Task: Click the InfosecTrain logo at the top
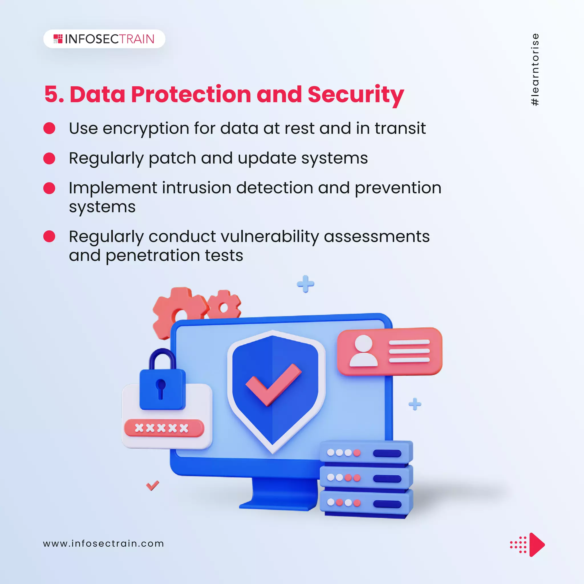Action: (x=104, y=39)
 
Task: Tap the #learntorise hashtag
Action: (x=535, y=70)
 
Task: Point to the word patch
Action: (x=172, y=158)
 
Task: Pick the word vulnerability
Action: (x=270, y=236)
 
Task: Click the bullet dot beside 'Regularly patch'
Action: (x=49, y=158)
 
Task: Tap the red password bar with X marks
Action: (x=164, y=428)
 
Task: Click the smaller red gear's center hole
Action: (x=224, y=308)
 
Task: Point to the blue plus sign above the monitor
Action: (x=305, y=284)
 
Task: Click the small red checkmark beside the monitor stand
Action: (x=152, y=485)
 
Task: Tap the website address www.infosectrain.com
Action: (x=104, y=544)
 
